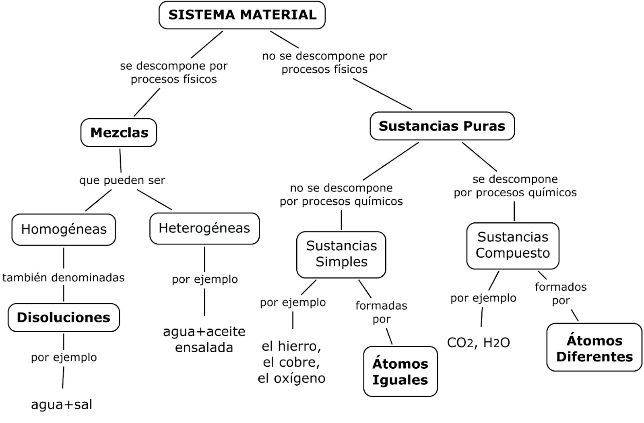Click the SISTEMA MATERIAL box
point(242,15)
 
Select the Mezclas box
point(119,132)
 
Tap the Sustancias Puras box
point(442,126)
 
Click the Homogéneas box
point(64,229)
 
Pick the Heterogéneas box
point(204,228)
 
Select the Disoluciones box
point(64,317)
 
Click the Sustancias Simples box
point(341,254)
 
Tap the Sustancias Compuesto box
point(513,245)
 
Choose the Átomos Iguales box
point(400,372)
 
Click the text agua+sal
point(62,405)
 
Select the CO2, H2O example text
point(478,343)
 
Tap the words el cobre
point(291,362)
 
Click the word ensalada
point(204,347)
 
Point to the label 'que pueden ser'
point(122,180)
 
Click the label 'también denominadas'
point(64,277)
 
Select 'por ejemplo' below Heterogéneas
point(204,279)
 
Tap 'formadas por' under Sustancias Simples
point(381,312)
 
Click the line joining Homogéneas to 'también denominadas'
point(64,258)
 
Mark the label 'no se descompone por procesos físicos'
point(324,63)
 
